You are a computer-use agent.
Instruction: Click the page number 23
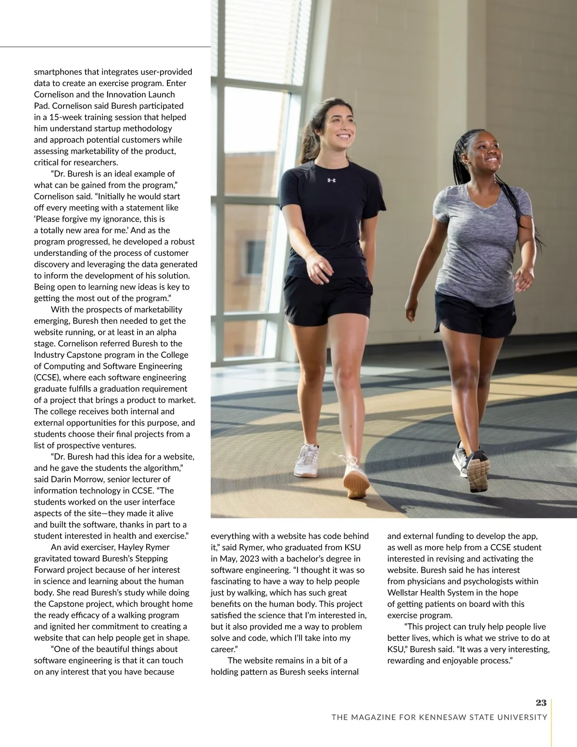[541, 703]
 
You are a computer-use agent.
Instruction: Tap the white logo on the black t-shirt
[331, 180]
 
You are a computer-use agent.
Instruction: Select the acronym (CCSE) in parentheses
[48, 378]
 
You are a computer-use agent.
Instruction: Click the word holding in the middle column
[225, 672]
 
